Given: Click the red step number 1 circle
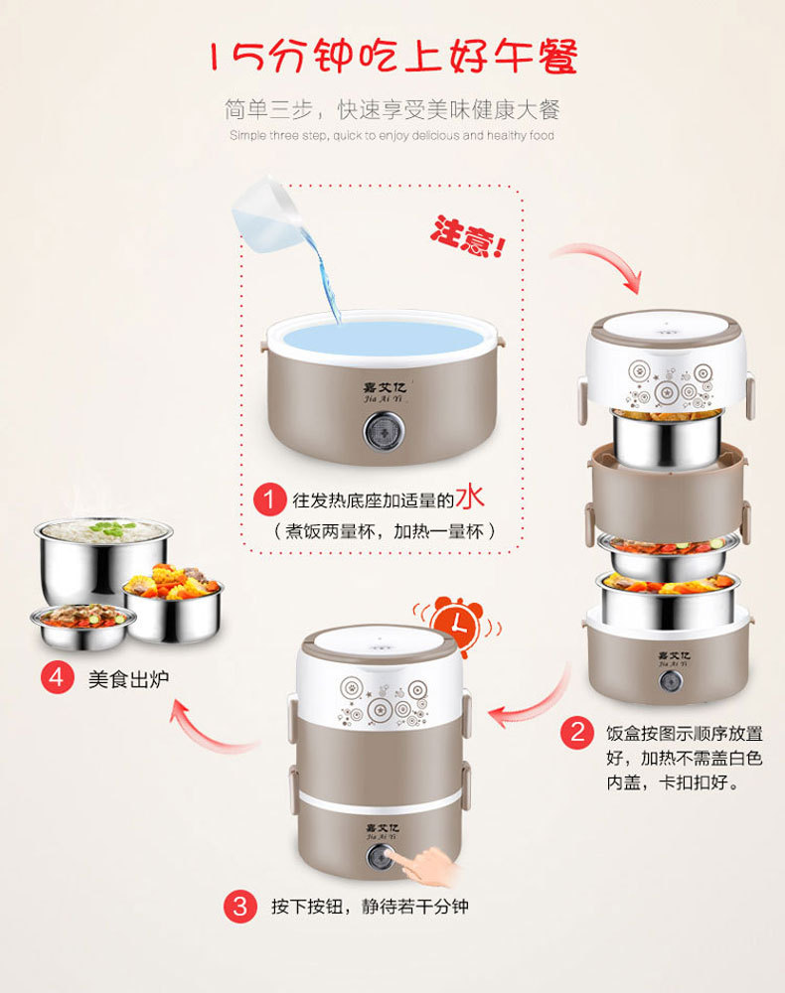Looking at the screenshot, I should coord(267,499).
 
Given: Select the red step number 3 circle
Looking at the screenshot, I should coord(239,907).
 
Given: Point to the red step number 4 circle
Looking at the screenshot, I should coord(56,678).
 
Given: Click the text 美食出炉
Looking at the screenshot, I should coord(129,679).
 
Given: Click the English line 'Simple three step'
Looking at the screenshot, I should coord(392,135).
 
